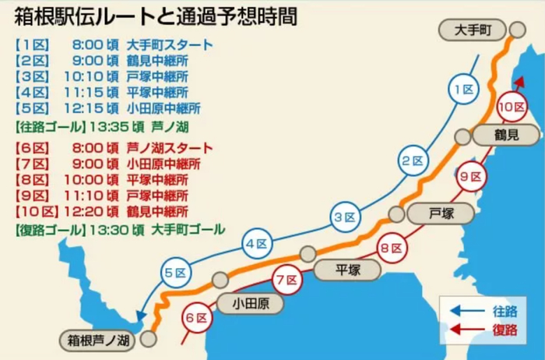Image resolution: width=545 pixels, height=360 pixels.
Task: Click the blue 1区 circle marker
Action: click(464, 91)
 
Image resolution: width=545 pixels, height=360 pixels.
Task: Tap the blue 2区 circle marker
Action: click(412, 161)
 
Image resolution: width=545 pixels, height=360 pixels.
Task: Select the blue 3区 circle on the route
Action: click(345, 217)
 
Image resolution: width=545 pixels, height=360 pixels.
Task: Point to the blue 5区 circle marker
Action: click(175, 272)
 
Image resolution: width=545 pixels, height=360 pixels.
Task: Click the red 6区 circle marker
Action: click(195, 318)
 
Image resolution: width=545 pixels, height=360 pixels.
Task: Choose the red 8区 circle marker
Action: click(389, 249)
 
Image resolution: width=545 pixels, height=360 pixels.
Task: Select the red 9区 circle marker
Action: click(470, 176)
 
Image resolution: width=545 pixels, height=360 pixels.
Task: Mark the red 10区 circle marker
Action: click(511, 106)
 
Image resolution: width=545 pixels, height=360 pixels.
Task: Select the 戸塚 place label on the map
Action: click(441, 212)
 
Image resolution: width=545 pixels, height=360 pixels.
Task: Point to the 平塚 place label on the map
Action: click(347, 269)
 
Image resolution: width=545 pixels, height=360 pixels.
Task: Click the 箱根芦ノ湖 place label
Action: click(98, 340)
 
